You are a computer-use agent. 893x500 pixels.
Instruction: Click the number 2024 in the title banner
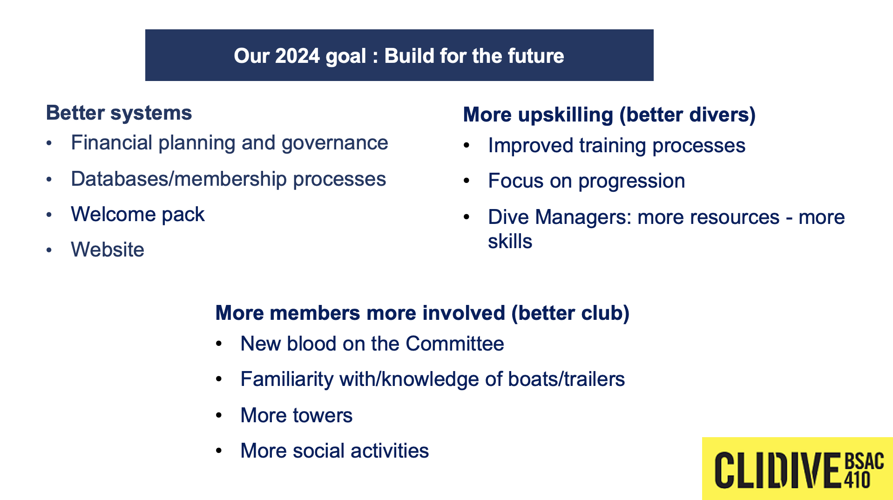298,56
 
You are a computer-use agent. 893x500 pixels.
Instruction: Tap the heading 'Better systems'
119,113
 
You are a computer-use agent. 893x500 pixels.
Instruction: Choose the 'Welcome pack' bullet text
138,215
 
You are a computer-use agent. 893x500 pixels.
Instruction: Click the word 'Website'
108,250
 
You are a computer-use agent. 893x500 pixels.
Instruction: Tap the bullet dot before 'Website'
49,250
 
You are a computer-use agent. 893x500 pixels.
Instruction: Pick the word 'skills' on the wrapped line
510,241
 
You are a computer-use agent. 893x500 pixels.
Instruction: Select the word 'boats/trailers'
566,379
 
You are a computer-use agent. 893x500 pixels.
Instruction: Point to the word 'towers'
322,415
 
